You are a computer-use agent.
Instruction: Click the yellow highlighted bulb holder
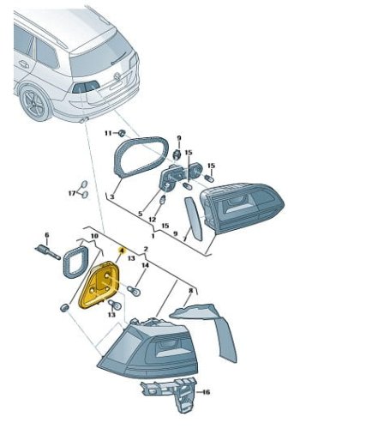[100, 286]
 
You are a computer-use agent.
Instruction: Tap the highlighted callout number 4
[122, 251]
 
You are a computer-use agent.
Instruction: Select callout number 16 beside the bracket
[206, 391]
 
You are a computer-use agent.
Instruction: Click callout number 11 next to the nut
[108, 133]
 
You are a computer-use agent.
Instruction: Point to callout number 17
[72, 193]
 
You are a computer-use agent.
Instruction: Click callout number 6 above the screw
[47, 235]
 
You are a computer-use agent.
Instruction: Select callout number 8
[191, 291]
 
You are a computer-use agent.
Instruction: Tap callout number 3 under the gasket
[111, 196]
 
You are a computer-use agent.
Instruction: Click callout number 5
[140, 214]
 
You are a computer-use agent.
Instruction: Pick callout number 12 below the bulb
[153, 220]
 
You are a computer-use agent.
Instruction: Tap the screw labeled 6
[47, 252]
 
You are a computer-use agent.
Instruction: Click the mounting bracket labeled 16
[169, 394]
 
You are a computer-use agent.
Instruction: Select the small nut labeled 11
[123, 133]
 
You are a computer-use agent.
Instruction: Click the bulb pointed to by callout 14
[133, 290]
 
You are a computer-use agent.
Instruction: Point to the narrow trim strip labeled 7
[194, 218]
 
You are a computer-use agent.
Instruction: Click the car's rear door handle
[23, 63]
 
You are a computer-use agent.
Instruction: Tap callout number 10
[94, 236]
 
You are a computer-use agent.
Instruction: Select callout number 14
[146, 265]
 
